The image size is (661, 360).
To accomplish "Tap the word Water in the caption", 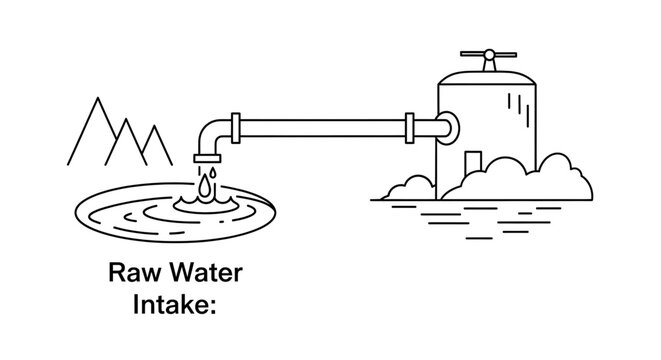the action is click(x=191, y=272).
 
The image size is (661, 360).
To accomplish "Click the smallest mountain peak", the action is click(x=153, y=130).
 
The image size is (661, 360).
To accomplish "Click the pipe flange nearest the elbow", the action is click(x=233, y=127).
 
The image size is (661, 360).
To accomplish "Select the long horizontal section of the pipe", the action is click(x=320, y=127).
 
